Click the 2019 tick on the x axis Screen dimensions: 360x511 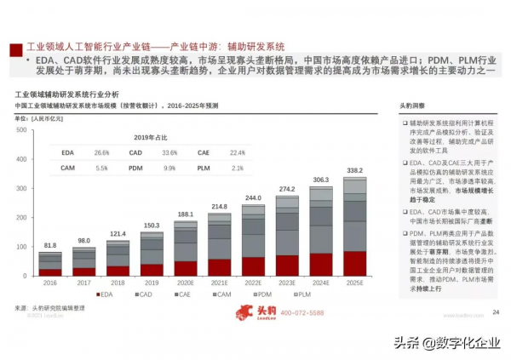[152, 283]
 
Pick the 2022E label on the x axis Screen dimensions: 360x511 [253, 283]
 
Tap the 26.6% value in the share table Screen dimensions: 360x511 [102, 152]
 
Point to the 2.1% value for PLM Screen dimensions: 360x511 [237, 169]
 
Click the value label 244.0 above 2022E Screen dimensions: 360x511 [253, 197]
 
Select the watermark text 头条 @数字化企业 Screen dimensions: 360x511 [447, 342]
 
